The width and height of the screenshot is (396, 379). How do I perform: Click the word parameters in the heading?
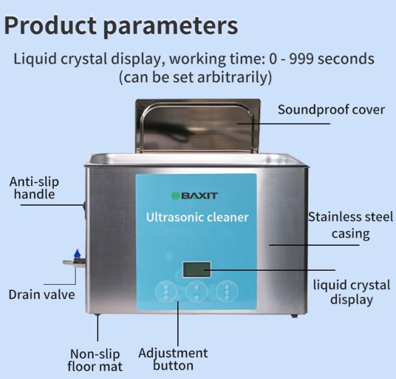[x=171, y=26]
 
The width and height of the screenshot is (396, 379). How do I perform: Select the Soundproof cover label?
[x=331, y=110]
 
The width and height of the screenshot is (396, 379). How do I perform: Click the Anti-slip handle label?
[x=34, y=188]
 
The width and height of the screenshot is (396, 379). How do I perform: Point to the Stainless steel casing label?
[x=350, y=225]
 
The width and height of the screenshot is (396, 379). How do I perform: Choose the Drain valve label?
[x=41, y=294]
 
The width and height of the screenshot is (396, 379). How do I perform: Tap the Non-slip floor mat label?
[x=94, y=360]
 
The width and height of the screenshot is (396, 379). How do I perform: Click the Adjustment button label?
[x=173, y=359]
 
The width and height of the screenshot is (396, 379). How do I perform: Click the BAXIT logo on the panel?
[x=195, y=195]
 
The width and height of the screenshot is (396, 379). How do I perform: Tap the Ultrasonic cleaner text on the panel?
[x=197, y=217]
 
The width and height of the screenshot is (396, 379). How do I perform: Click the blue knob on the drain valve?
[x=77, y=253]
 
